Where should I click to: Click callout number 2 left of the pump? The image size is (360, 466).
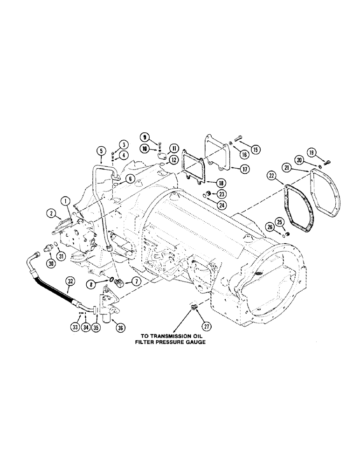(x=50, y=214)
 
